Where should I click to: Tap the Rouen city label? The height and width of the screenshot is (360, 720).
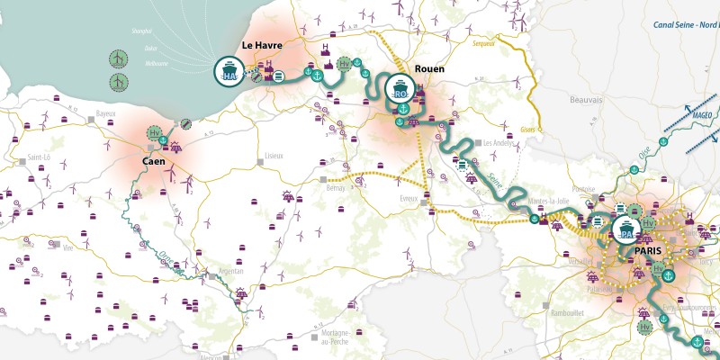pyautogui.click(x=430, y=68)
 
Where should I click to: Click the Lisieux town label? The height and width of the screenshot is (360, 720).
pyautogui.click(x=274, y=155)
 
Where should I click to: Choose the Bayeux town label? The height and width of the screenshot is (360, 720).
pyautogui.click(x=105, y=114)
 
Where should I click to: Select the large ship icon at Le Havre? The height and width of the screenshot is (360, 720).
pyautogui.click(x=229, y=70)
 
